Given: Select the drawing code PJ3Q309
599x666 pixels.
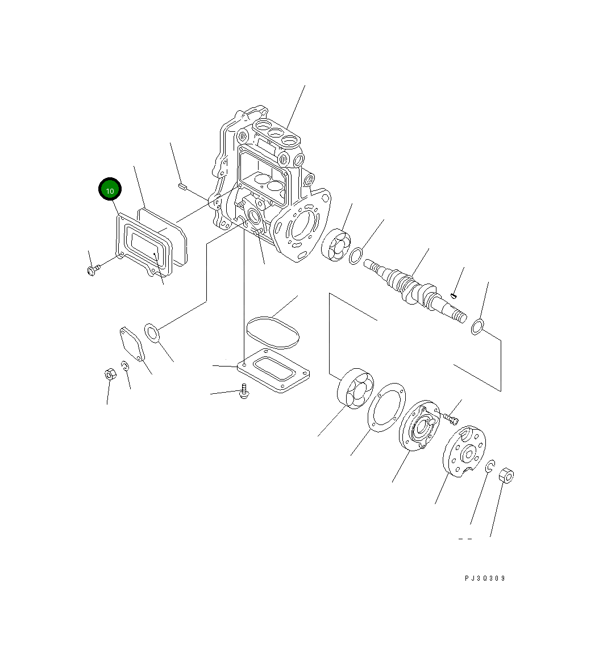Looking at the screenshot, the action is (485, 578).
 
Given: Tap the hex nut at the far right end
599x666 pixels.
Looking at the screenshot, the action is (506, 476).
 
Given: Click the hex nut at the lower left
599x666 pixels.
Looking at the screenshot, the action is (110, 374).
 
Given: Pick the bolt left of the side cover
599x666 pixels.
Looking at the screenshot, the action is (93, 270).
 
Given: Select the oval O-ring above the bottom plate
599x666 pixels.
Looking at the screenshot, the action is (273, 332).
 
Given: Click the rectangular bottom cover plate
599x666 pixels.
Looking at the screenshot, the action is (273, 371).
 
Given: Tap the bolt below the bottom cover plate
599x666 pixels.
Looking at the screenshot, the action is (244, 391).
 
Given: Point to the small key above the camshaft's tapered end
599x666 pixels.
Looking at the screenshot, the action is (454, 295).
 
